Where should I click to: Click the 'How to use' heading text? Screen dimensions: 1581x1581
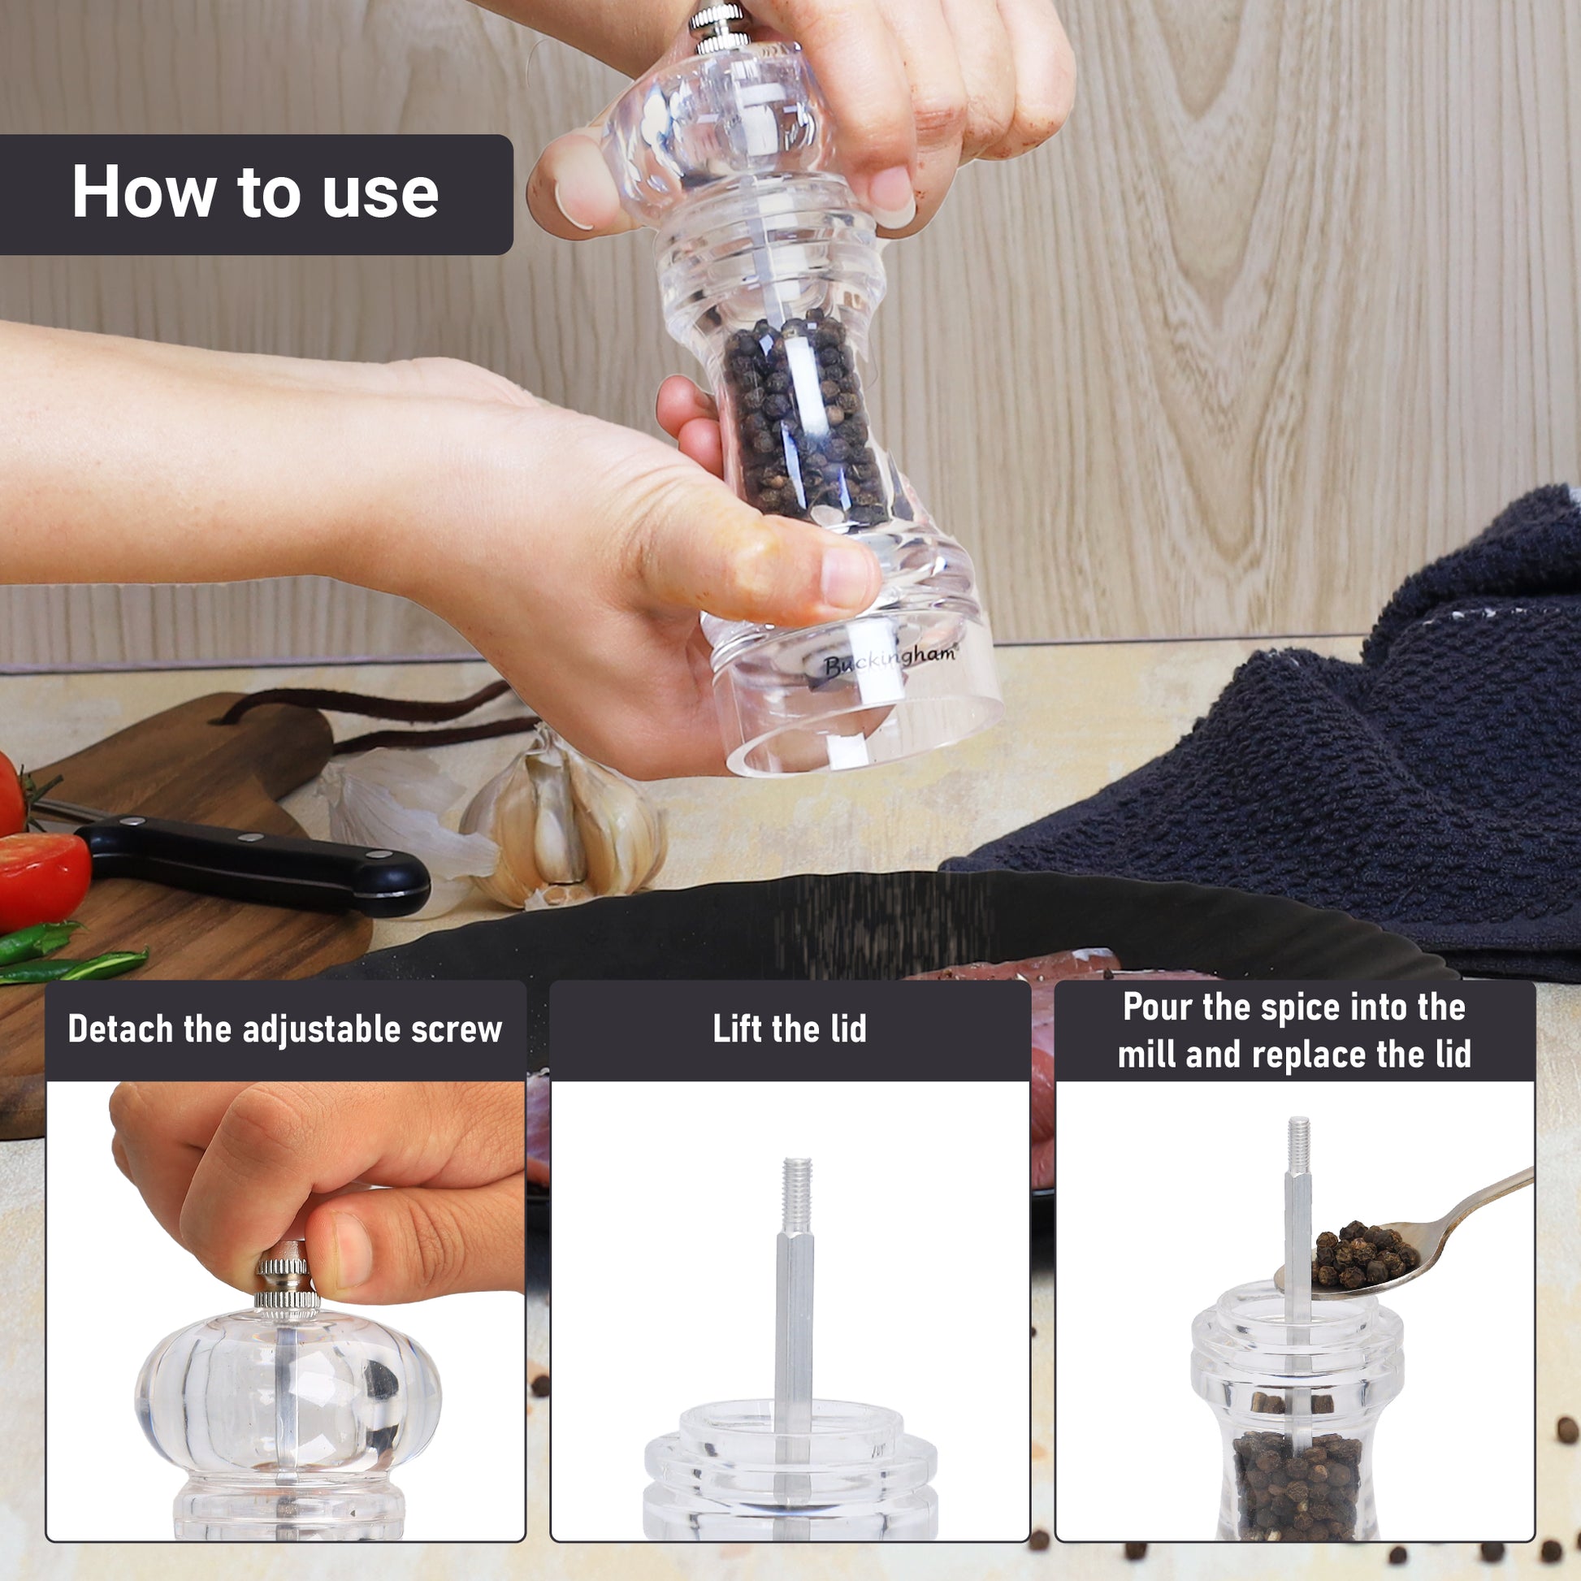[255, 193]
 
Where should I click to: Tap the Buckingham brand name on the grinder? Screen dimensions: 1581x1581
[889, 660]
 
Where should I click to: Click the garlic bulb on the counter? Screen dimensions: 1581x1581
[563, 823]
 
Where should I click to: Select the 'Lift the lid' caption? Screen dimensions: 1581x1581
[790, 1029]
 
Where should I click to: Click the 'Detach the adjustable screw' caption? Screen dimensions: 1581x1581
[285, 1029]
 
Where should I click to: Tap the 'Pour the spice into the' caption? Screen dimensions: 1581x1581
[1293, 1007]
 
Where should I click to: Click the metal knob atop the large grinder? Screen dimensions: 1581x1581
[717, 24]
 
